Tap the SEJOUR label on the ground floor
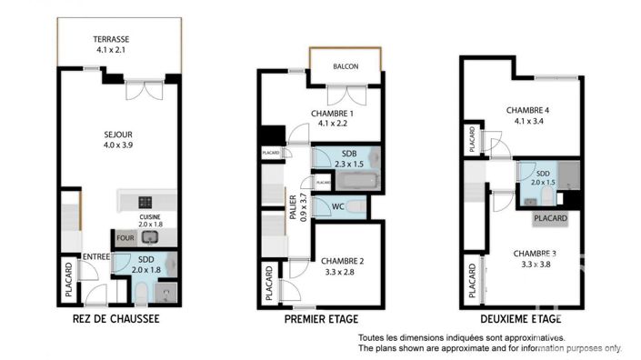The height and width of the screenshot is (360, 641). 116,134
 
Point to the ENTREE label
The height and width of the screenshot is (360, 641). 96,257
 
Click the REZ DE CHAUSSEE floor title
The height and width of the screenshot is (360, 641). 115,319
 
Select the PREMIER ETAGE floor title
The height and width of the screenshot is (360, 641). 321,319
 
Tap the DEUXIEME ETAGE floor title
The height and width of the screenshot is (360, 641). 519,319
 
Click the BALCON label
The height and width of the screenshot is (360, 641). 345,66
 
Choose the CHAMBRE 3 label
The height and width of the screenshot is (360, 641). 534,253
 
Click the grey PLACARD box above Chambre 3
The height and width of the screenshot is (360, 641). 550,219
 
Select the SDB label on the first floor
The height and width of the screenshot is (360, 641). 349,154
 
